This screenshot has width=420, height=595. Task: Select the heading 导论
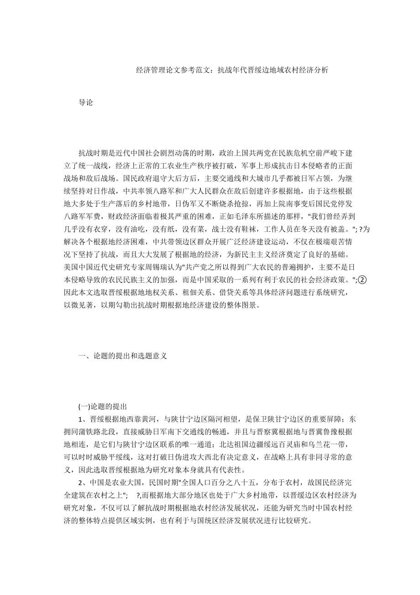tap(86, 103)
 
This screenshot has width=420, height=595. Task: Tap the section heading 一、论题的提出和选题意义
tap(123, 356)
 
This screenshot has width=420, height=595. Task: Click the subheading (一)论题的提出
tap(102, 407)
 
